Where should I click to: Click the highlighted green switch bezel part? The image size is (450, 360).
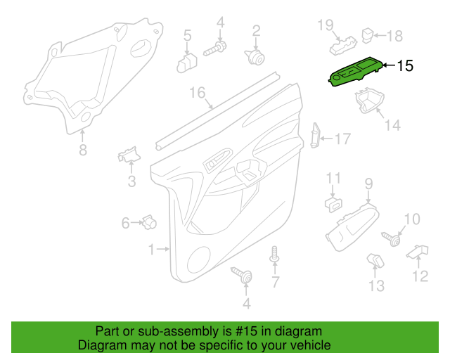pos(355,72)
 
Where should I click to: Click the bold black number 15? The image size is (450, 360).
pos(405,66)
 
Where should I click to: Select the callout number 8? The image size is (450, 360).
pos(83,150)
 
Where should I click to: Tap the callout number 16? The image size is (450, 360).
pos(198,93)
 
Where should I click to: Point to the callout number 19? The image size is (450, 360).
pos(326,25)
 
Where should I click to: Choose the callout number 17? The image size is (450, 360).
pos(342,139)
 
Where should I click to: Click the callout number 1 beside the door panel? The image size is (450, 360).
pos(151,250)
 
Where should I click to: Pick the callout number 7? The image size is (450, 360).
pos(275,282)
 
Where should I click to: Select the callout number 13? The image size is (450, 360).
pos(376,286)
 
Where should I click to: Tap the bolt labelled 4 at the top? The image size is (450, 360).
pos(215,49)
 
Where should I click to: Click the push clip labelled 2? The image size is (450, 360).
pos(255,57)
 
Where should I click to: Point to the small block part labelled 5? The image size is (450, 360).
pos(187,63)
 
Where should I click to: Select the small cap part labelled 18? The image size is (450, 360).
pos(367,35)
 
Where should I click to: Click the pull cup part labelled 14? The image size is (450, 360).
pos(370,101)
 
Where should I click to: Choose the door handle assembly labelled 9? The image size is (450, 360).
pos(352,229)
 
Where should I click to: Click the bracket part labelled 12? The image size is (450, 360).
pos(417,252)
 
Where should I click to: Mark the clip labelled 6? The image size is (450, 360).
pos(148,222)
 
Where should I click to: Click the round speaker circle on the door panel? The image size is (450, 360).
pos(198,260)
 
